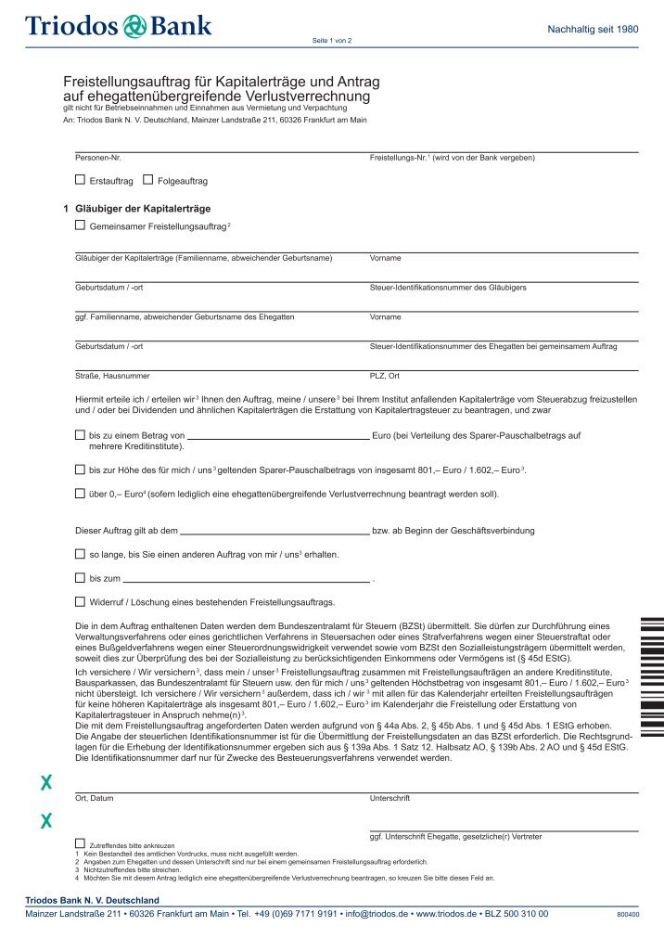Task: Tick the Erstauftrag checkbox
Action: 80,179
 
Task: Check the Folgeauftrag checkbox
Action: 148,179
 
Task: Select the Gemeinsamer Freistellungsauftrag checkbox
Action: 80,225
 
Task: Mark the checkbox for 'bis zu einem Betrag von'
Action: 80,434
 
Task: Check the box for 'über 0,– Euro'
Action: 80,493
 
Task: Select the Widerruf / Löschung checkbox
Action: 80,601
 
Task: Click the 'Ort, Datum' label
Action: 94,798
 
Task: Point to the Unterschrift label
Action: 389,798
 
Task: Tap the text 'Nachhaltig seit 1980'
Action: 594,30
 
